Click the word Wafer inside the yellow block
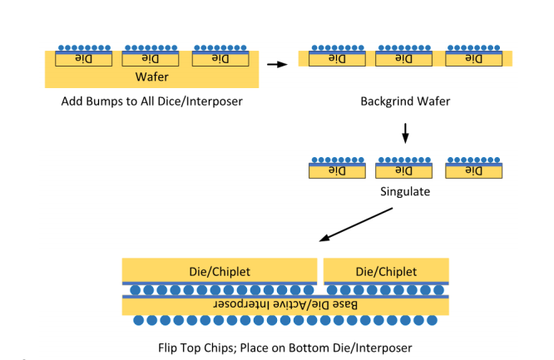152,76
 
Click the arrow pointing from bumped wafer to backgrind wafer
277,64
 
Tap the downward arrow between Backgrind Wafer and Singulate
405,133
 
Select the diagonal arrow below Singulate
356,224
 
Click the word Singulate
405,191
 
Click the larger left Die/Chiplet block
220,270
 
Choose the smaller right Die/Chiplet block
386,270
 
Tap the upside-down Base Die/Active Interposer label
285,304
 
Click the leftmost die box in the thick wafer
84,59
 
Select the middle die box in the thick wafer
151,59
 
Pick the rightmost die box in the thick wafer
220,59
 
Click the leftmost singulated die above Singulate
337,171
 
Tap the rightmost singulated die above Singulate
474,171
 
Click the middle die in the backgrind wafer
403,59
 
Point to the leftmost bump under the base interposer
138,320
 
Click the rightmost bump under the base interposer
432,320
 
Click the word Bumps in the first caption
98,101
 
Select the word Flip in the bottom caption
166,348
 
